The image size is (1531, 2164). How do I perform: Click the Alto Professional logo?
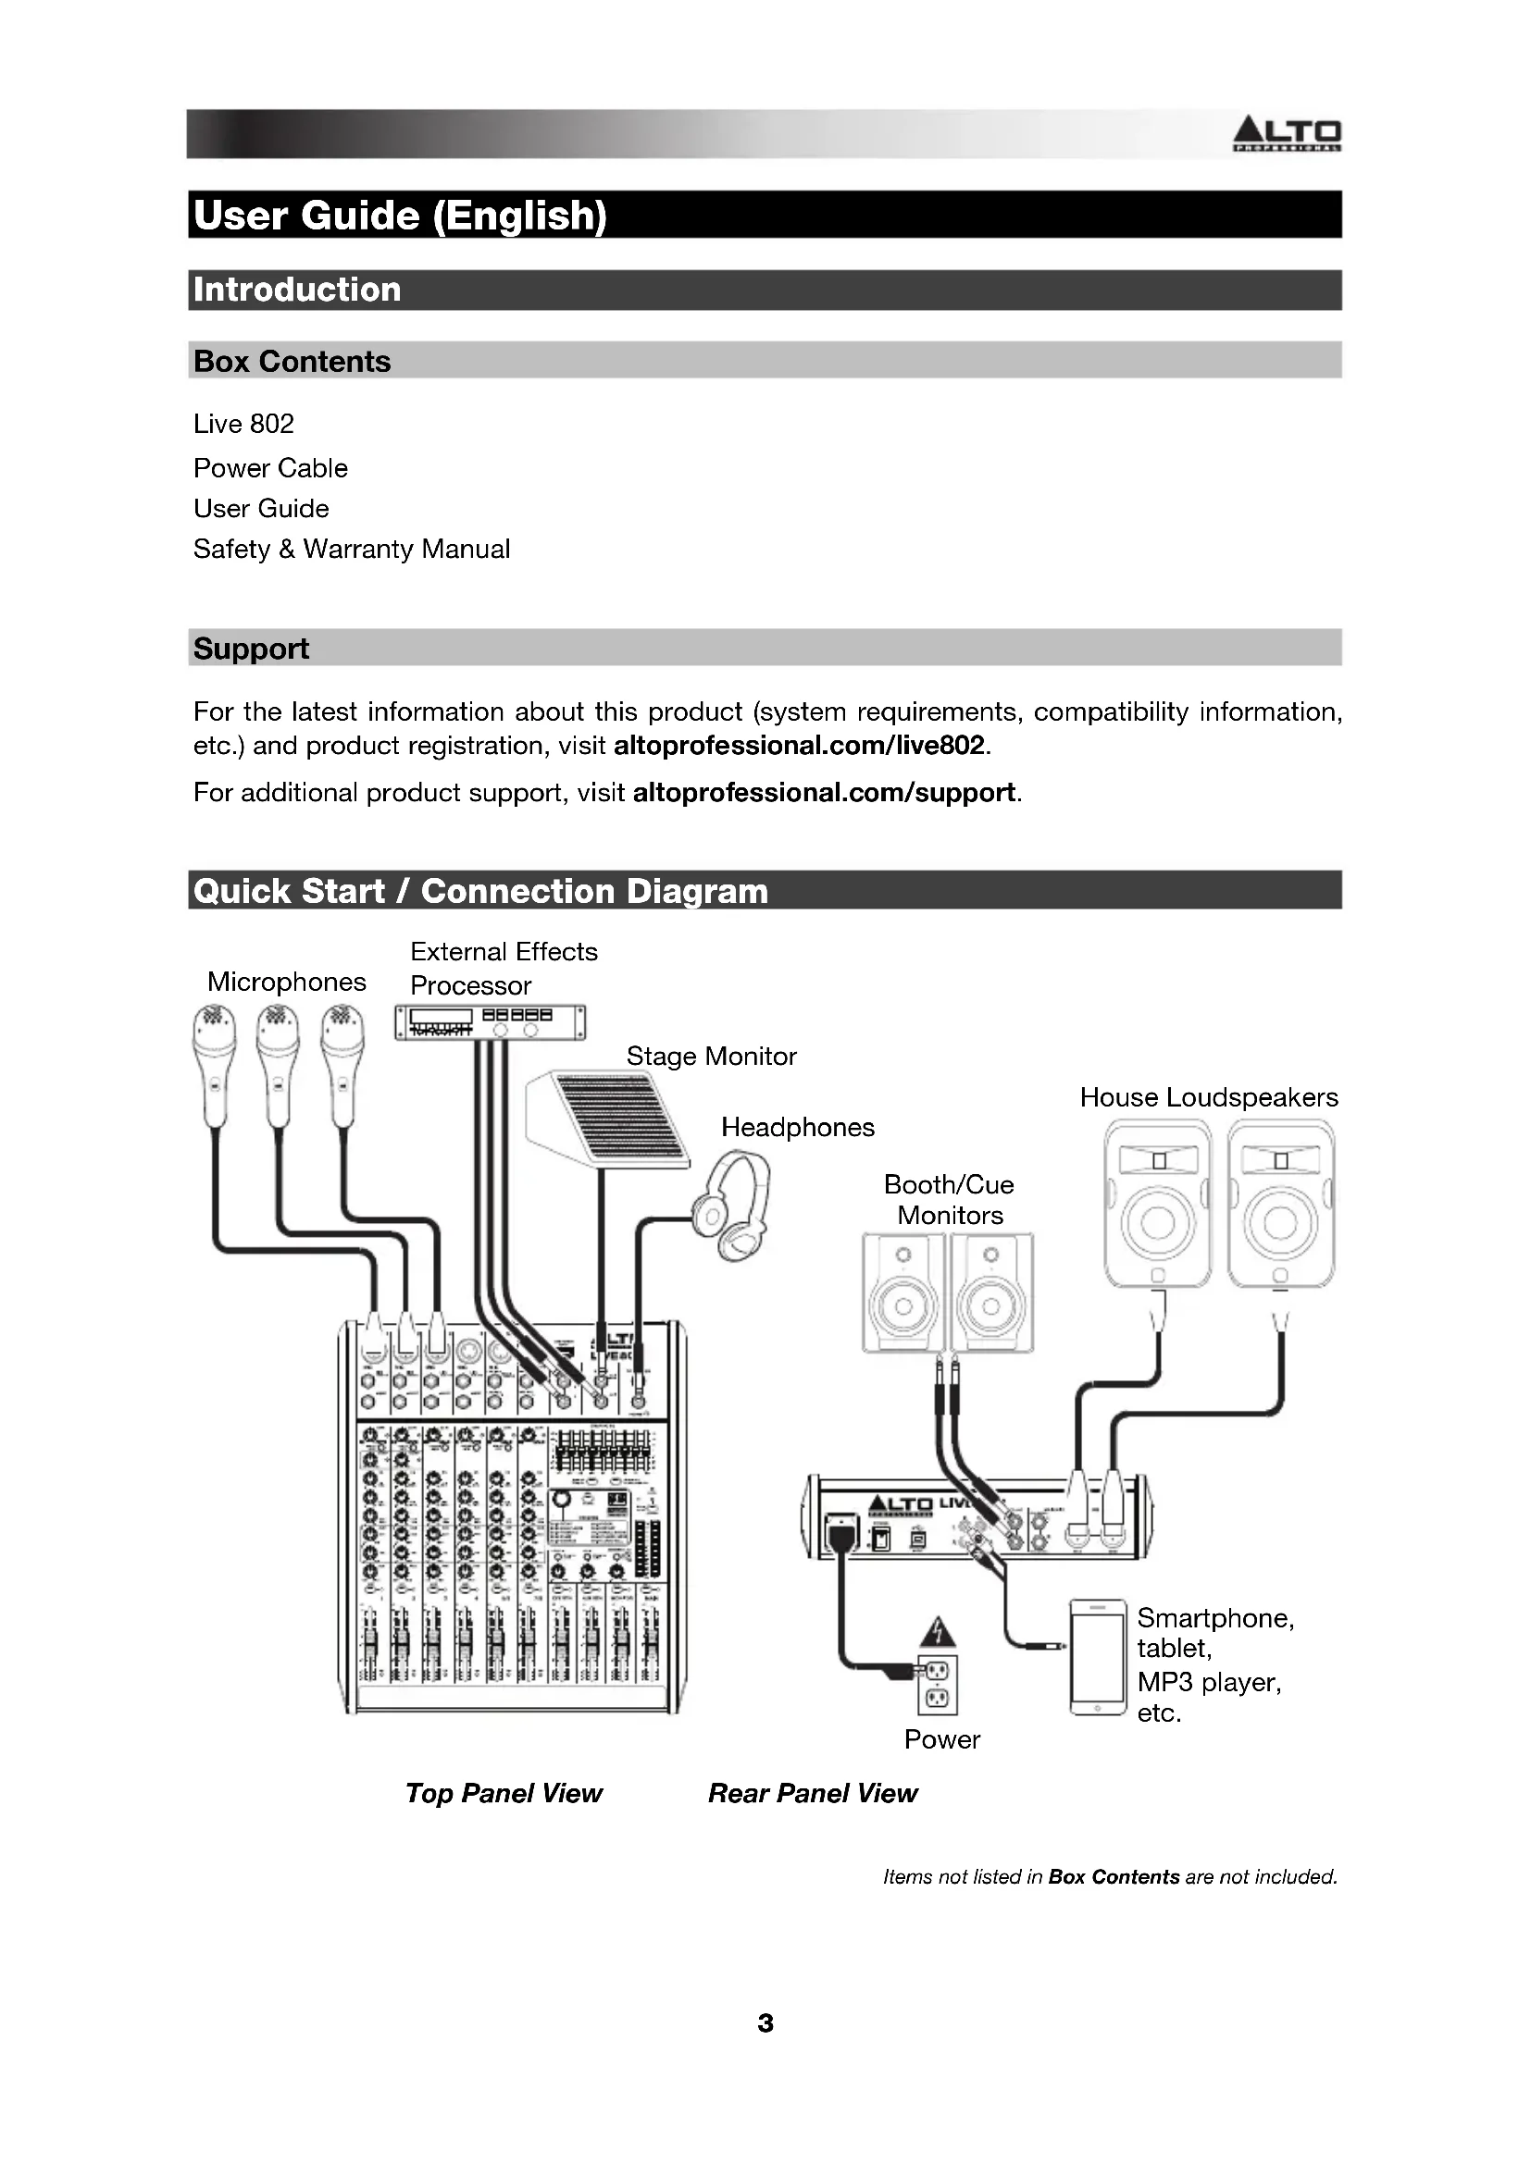1287,134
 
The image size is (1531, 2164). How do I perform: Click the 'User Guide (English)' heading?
400,215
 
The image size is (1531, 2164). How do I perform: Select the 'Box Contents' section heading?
292,361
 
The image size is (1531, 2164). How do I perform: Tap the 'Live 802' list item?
243,424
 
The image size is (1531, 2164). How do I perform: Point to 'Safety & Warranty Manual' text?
351,549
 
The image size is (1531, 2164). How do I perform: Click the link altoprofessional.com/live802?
799,746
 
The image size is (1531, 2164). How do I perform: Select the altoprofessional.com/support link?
824,793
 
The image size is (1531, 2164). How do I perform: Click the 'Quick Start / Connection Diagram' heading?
479,891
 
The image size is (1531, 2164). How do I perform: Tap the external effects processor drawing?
490,1021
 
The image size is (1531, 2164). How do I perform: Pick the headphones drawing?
732,1206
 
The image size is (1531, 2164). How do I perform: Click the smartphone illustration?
1099,1657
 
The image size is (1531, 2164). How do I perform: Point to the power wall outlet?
937,1685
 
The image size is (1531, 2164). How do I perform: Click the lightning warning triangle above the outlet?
936,1631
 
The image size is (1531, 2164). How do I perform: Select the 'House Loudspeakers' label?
1209,1097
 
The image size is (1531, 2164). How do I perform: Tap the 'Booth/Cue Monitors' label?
950,1200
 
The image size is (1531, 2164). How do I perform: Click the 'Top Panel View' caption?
504,1793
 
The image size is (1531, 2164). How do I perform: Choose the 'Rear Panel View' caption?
813,1793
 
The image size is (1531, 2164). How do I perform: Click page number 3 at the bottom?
765,2022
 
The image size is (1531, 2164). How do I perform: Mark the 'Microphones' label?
287,983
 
